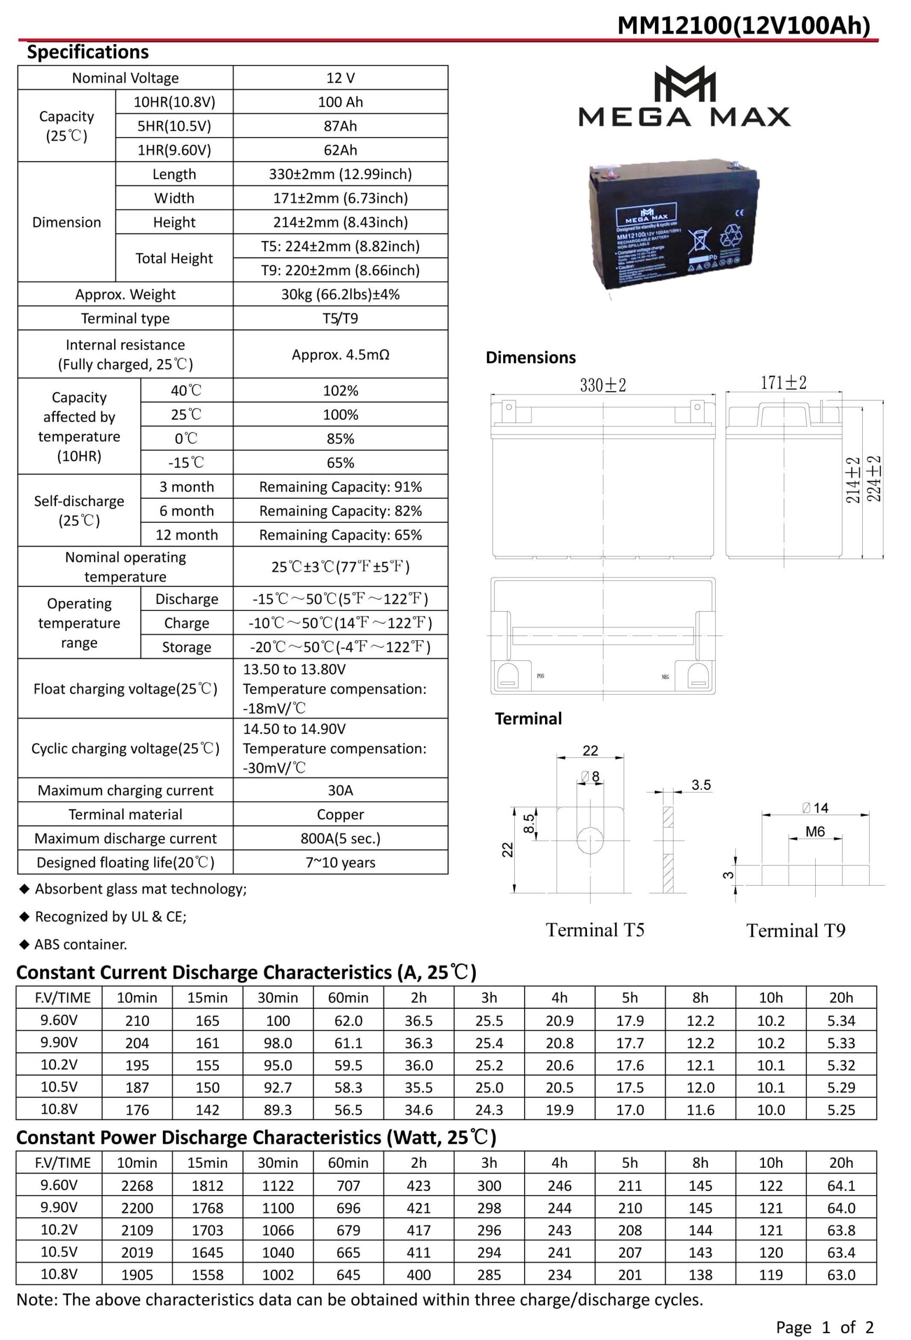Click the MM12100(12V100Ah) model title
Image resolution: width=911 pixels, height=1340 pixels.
pyautogui.click(x=743, y=26)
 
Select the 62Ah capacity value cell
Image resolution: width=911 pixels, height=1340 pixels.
pyautogui.click(x=340, y=150)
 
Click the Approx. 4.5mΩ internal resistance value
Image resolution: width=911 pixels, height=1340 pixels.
pyautogui.click(x=340, y=354)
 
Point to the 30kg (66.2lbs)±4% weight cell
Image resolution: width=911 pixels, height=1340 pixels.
pyautogui.click(x=340, y=295)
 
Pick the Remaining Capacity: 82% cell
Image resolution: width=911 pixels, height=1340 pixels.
pyautogui.click(x=340, y=511)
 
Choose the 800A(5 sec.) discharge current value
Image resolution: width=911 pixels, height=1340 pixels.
pyautogui.click(x=340, y=839)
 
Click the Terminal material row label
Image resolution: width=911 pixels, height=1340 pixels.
pyautogui.click(x=125, y=814)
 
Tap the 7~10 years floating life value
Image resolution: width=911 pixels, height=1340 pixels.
pyautogui.click(x=340, y=863)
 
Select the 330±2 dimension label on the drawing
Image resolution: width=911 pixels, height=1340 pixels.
pyautogui.click(x=603, y=385)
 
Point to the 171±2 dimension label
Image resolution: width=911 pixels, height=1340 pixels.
pyautogui.click(x=783, y=383)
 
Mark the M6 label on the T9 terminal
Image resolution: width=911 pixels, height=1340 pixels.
pyautogui.click(x=815, y=831)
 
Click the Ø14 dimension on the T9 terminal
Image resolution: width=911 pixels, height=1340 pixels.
pyautogui.click(x=815, y=808)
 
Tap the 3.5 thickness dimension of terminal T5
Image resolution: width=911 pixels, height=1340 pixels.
pyautogui.click(x=701, y=785)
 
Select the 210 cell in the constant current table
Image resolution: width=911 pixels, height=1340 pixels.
pyautogui.click(x=137, y=1021)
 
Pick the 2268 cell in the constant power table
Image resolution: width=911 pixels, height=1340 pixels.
pyautogui.click(x=137, y=1186)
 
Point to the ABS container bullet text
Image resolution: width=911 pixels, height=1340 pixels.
pyautogui.click(x=81, y=944)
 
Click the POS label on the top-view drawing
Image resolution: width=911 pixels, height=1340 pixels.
pyautogui.click(x=540, y=676)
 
